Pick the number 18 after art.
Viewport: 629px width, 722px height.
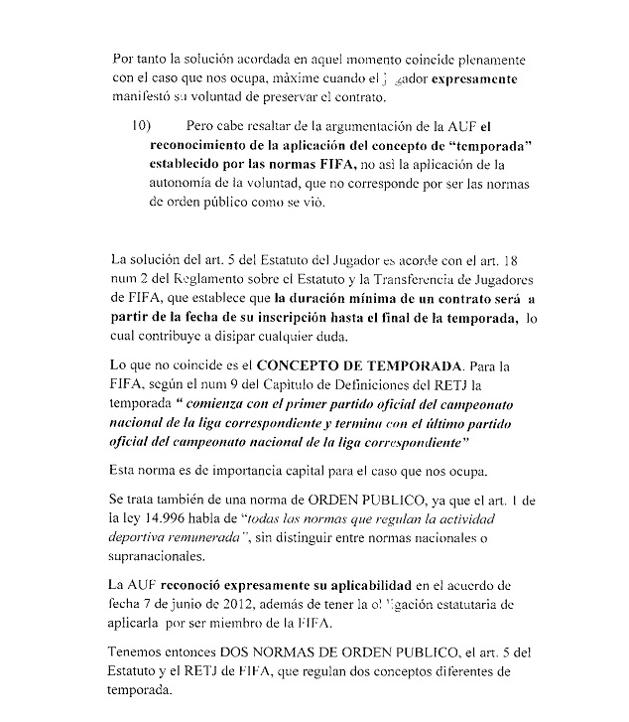coord(513,260)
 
